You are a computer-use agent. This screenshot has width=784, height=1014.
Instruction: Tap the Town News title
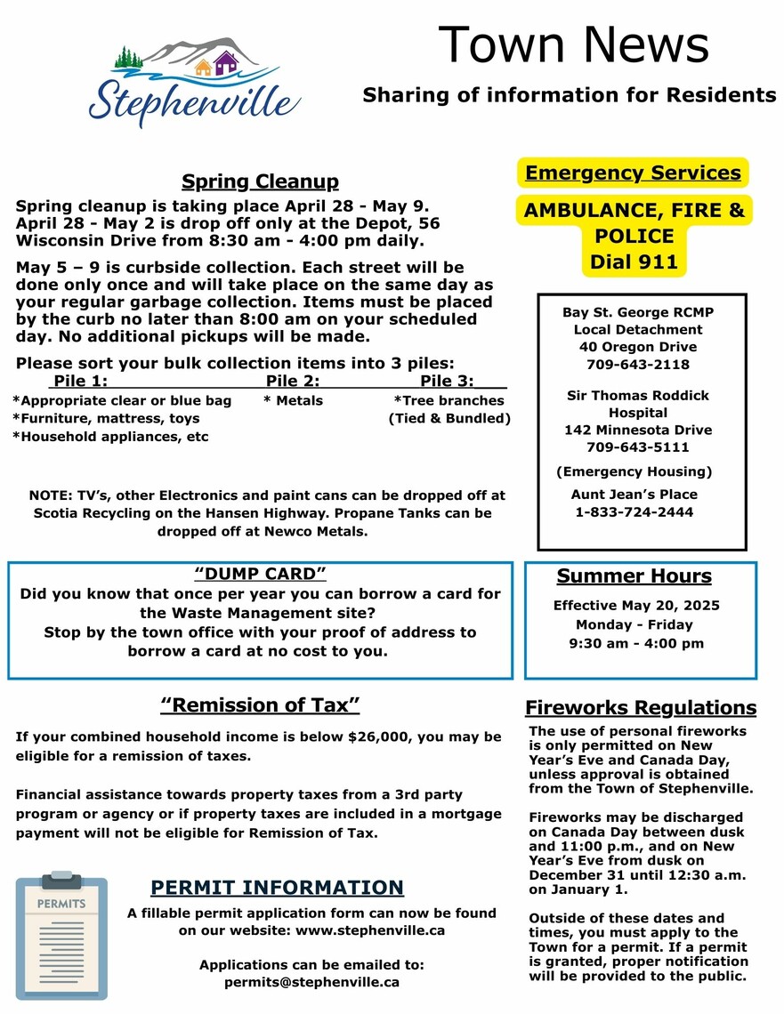point(573,44)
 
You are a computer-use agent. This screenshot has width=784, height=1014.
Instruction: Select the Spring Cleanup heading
point(260,181)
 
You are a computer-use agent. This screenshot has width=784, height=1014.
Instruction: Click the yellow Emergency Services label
point(633,173)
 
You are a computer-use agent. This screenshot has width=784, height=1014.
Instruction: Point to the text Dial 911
point(633,262)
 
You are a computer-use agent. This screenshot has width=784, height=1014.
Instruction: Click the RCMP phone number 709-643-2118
point(638,364)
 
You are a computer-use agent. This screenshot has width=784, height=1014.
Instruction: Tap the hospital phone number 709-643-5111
point(638,447)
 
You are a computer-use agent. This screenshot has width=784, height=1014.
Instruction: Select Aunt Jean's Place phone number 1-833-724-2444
point(634,511)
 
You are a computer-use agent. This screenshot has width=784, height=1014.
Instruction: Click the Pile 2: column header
point(293,381)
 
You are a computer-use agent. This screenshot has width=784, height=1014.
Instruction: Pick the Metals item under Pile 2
point(295,400)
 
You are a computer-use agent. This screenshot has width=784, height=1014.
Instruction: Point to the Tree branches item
point(449,400)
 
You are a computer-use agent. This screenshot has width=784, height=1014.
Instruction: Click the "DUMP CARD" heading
point(260,574)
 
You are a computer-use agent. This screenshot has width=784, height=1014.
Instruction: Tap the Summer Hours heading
point(634,576)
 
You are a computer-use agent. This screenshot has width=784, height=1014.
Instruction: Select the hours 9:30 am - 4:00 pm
point(636,643)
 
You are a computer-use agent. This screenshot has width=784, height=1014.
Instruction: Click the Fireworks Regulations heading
point(640,708)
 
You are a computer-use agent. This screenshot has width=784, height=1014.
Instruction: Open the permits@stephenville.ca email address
point(311,983)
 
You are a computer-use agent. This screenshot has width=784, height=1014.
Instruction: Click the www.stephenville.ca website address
point(370,930)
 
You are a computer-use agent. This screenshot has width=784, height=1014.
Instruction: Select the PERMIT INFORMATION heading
point(277,888)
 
